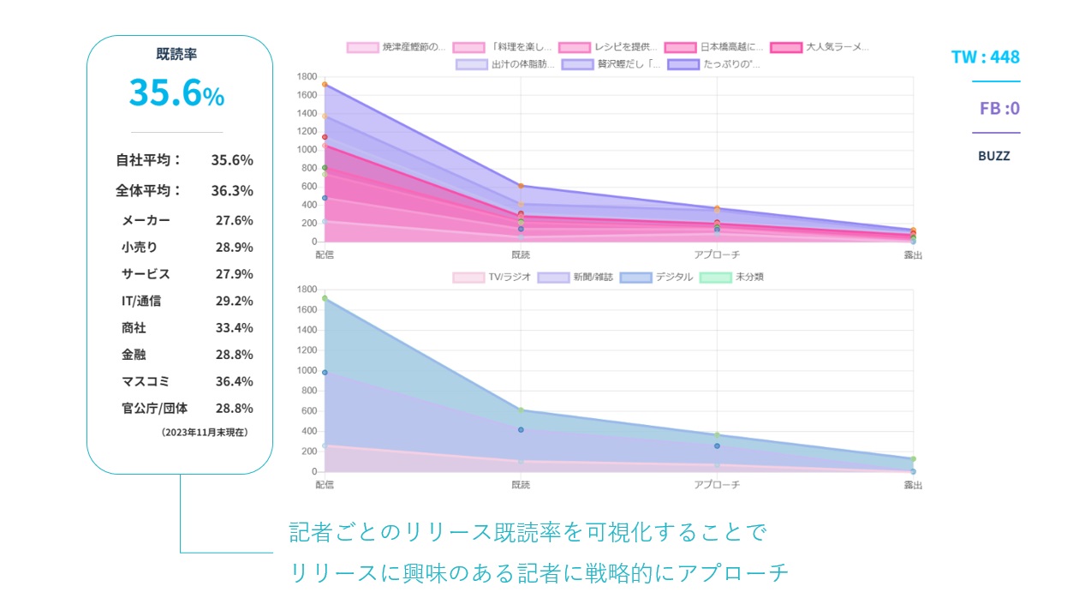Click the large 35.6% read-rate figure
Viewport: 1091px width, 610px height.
pos(176,93)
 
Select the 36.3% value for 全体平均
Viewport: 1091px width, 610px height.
pos(232,191)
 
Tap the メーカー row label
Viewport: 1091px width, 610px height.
pos(146,220)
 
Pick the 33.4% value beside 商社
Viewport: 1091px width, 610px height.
pos(234,328)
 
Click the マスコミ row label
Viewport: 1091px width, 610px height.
pos(146,381)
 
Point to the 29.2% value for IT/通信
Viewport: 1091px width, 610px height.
pos(234,301)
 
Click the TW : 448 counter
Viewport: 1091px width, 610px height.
pos(986,57)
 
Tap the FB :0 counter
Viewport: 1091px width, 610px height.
pos(999,109)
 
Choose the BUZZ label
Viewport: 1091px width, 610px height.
pos(993,156)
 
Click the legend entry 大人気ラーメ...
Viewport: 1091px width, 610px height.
pos(820,47)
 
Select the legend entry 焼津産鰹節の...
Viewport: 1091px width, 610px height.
pos(396,47)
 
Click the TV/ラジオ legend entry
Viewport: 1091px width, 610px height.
pos(492,277)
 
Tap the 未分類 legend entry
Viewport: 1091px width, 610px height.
pos(731,277)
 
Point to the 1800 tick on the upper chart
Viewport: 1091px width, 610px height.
pos(307,76)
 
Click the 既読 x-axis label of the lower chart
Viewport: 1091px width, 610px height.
pos(520,485)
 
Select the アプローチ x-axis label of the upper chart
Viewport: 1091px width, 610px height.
pos(717,254)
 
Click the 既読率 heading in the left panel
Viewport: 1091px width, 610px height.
pos(176,54)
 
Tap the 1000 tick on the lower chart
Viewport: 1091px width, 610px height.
pos(307,371)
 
